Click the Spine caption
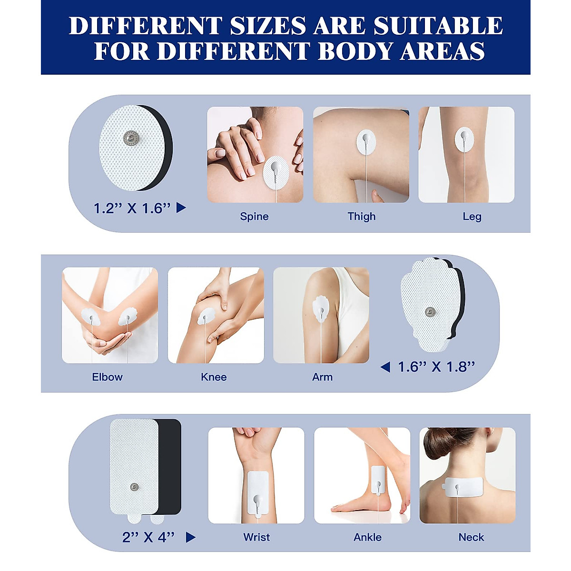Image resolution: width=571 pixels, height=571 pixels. click(x=254, y=217)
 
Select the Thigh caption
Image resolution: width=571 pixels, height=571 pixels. click(x=362, y=217)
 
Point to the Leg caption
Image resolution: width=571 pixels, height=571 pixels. click(x=472, y=217)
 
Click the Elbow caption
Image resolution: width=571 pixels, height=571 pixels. click(x=107, y=377)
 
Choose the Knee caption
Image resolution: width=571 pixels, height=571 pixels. click(x=214, y=377)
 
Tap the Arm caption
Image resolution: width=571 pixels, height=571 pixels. click(x=322, y=377)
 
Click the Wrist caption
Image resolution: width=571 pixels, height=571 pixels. click(x=256, y=537)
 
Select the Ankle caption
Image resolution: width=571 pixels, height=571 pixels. click(x=367, y=537)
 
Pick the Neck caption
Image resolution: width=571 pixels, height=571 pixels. click(x=471, y=537)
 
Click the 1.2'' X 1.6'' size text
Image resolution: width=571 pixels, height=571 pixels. click(x=132, y=208)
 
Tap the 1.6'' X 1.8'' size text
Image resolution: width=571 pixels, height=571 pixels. click(x=436, y=367)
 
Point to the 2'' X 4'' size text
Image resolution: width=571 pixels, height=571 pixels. click(x=148, y=537)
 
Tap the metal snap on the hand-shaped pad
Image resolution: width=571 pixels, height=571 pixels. click(x=430, y=312)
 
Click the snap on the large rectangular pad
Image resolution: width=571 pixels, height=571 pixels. click(x=135, y=486)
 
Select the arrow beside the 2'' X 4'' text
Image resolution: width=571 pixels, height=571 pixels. click(x=190, y=537)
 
